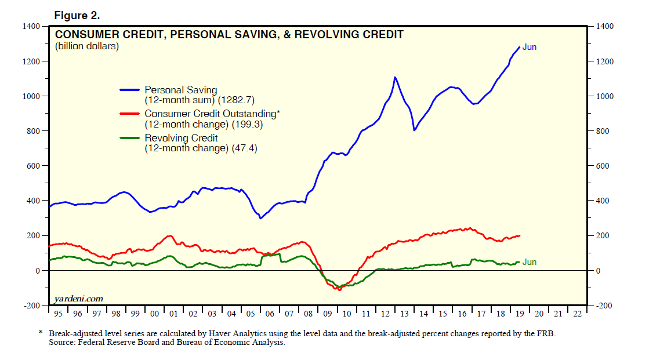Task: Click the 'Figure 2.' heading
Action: [77, 14]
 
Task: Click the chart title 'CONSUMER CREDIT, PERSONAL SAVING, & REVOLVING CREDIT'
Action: [229, 35]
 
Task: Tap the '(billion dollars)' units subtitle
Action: [87, 46]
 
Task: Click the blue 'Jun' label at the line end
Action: [530, 47]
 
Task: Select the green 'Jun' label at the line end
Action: [530, 262]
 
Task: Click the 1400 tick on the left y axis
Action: [32, 27]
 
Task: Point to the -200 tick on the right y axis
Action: [603, 306]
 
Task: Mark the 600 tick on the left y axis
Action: [34, 166]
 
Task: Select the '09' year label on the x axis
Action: [327, 314]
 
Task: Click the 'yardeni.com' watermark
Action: [78, 299]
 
